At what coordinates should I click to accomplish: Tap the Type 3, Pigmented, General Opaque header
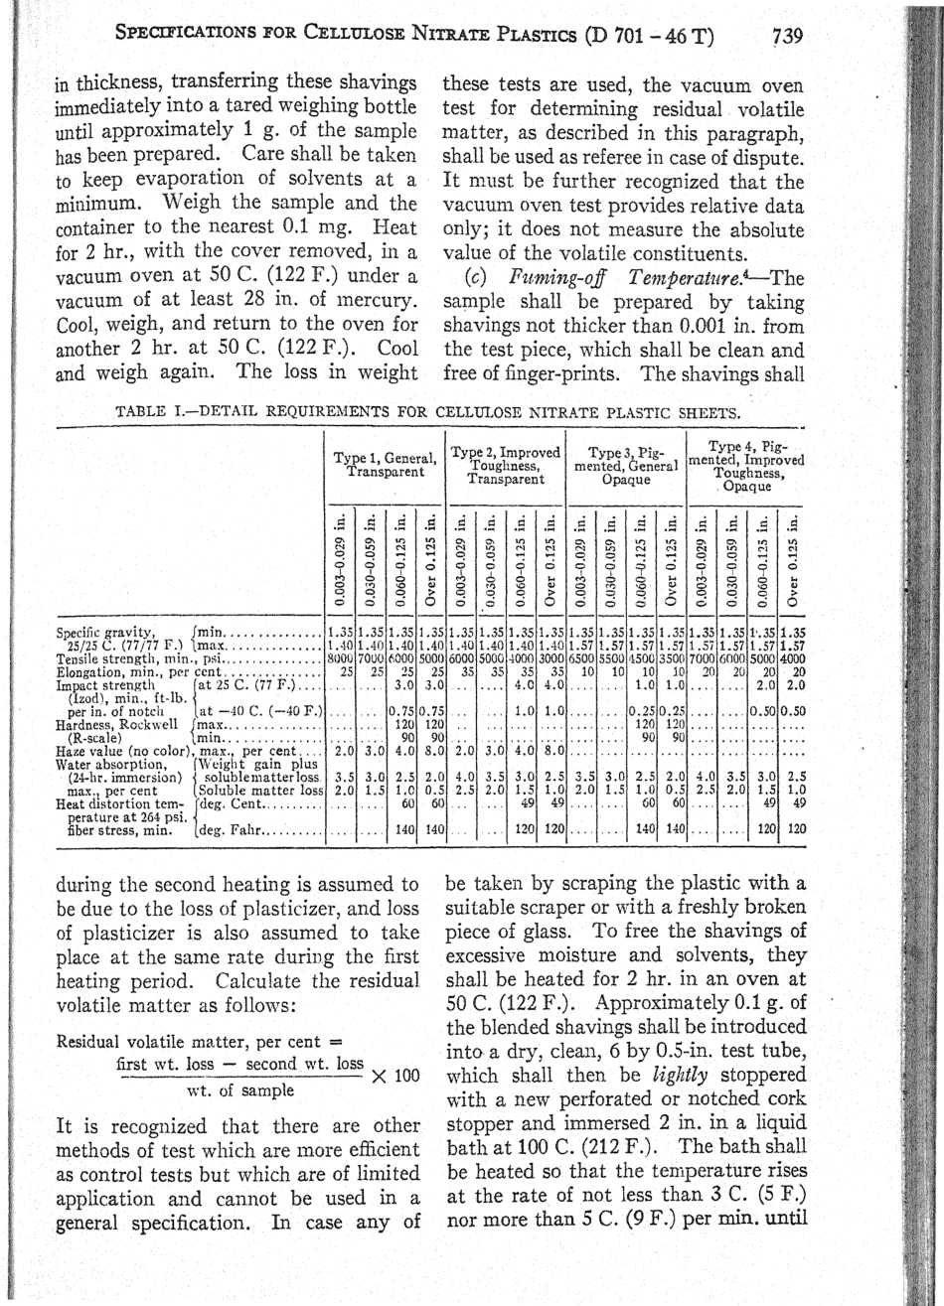[x=626, y=465]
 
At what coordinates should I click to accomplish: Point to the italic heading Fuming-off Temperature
[x=587, y=276]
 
